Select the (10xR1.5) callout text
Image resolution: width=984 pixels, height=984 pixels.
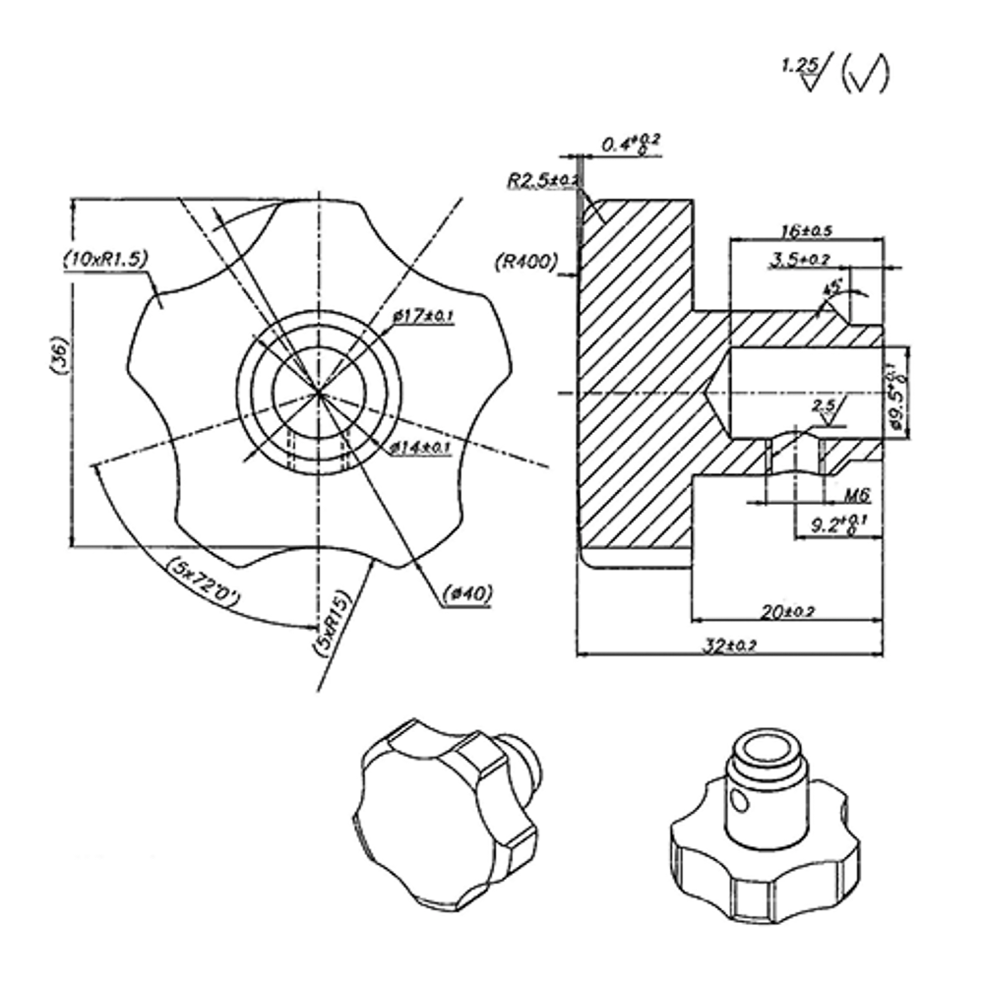pyautogui.click(x=104, y=258)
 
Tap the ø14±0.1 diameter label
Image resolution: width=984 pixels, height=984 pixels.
pyautogui.click(x=420, y=448)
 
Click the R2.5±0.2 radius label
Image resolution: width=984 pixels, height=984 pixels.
pyautogui.click(x=542, y=181)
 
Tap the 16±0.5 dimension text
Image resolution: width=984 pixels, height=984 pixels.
pyautogui.click(x=804, y=231)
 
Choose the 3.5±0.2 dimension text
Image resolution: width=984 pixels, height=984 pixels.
pyautogui.click(x=801, y=259)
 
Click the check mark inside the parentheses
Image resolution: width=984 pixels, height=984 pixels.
pyautogui.click(x=867, y=75)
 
